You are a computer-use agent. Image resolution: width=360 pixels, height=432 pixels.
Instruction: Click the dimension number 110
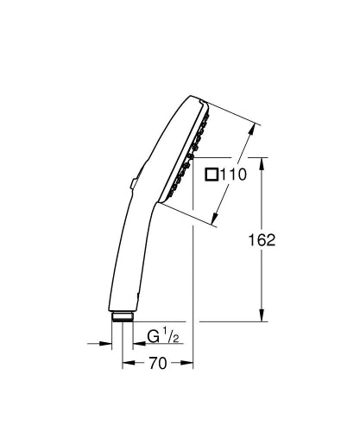(232, 175)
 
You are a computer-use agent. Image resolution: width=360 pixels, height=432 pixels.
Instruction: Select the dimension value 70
(156, 364)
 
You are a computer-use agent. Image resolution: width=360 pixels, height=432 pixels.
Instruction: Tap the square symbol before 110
(212, 175)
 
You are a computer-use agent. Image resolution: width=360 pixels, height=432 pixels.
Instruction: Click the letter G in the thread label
(151, 335)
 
